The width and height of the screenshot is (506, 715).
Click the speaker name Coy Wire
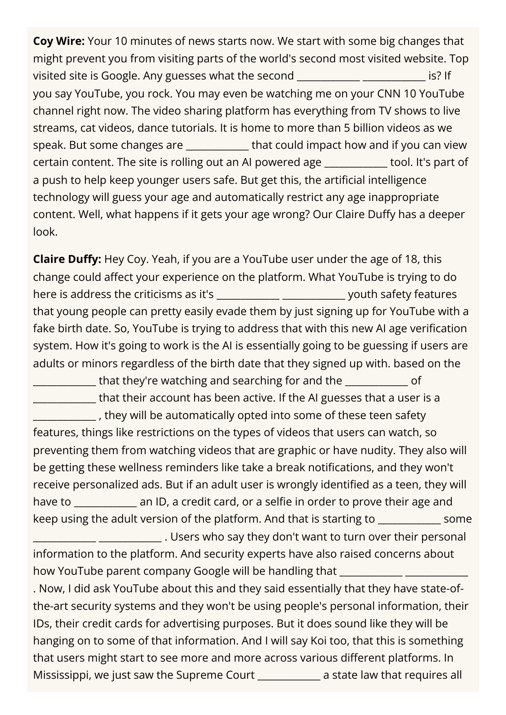click(59, 41)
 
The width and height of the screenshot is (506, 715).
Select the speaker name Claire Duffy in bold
click(67, 259)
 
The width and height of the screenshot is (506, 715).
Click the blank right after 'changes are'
click(217, 146)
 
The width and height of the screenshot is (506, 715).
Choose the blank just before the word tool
click(356, 163)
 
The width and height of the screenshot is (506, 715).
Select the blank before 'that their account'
click(64, 398)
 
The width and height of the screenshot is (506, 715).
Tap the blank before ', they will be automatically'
click(64, 415)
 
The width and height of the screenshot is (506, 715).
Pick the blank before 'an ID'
click(105, 502)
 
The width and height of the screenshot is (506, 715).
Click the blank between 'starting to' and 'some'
click(409, 519)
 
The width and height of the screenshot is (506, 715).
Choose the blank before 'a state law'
click(289, 675)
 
